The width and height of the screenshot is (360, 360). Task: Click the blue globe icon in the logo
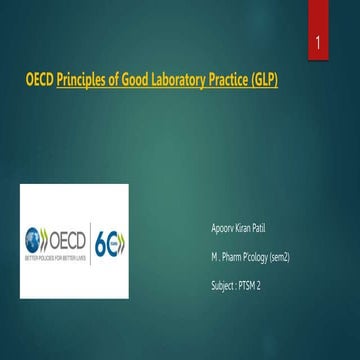point(36,241)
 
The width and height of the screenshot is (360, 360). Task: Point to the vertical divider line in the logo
point(91,242)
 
